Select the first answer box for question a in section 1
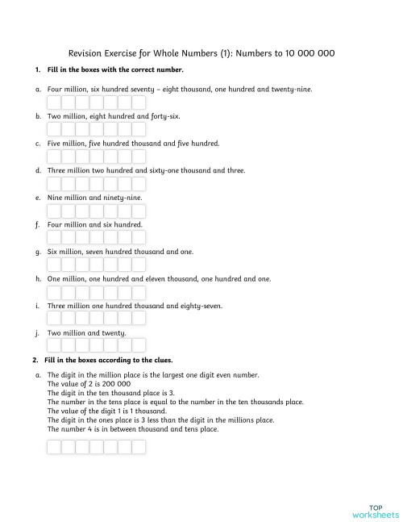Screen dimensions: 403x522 (54, 102)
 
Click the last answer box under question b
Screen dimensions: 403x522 (139, 130)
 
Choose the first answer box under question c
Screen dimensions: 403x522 (54, 157)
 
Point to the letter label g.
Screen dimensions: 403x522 (38, 252)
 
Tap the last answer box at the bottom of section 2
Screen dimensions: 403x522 (139, 446)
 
